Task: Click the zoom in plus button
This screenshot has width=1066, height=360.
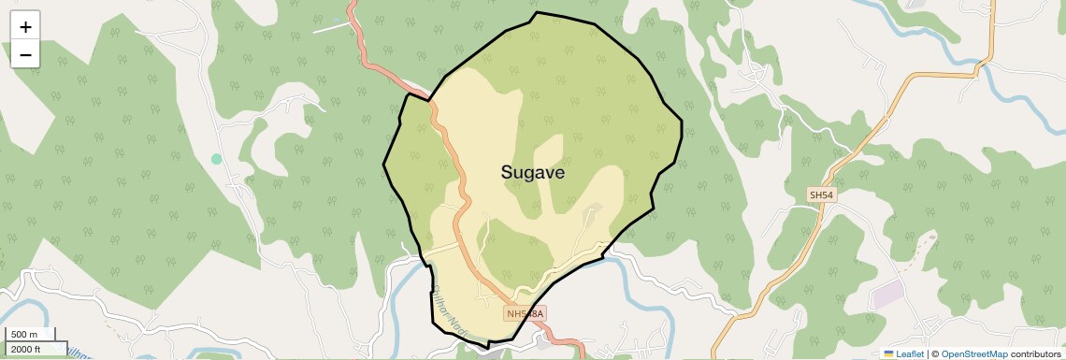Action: click(25, 27)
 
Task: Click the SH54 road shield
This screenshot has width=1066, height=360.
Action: click(820, 194)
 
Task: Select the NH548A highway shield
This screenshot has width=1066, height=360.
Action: click(524, 313)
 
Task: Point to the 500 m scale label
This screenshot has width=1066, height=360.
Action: click(23, 334)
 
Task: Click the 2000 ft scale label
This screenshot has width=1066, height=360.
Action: click(25, 349)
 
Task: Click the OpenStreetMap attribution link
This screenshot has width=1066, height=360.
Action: click(973, 354)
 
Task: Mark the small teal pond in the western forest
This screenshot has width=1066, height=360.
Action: click(217, 159)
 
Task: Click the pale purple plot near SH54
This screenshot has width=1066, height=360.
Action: click(887, 294)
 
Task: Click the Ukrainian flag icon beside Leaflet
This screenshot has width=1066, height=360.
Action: click(889, 354)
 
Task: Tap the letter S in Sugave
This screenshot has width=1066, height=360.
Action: click(507, 172)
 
